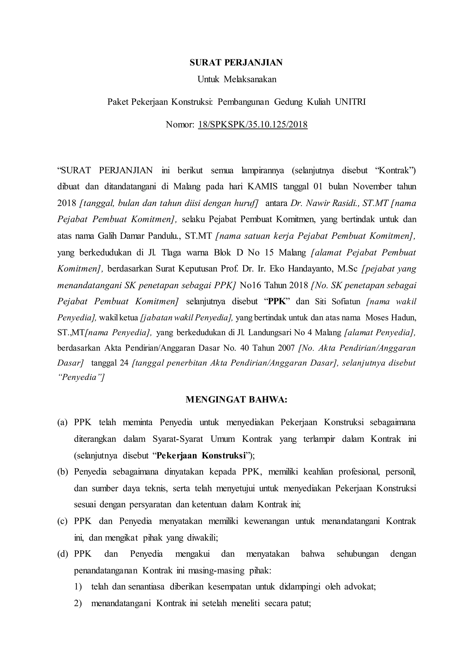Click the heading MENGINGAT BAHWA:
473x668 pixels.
tap(236, 400)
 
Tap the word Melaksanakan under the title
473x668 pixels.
tap(250, 79)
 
